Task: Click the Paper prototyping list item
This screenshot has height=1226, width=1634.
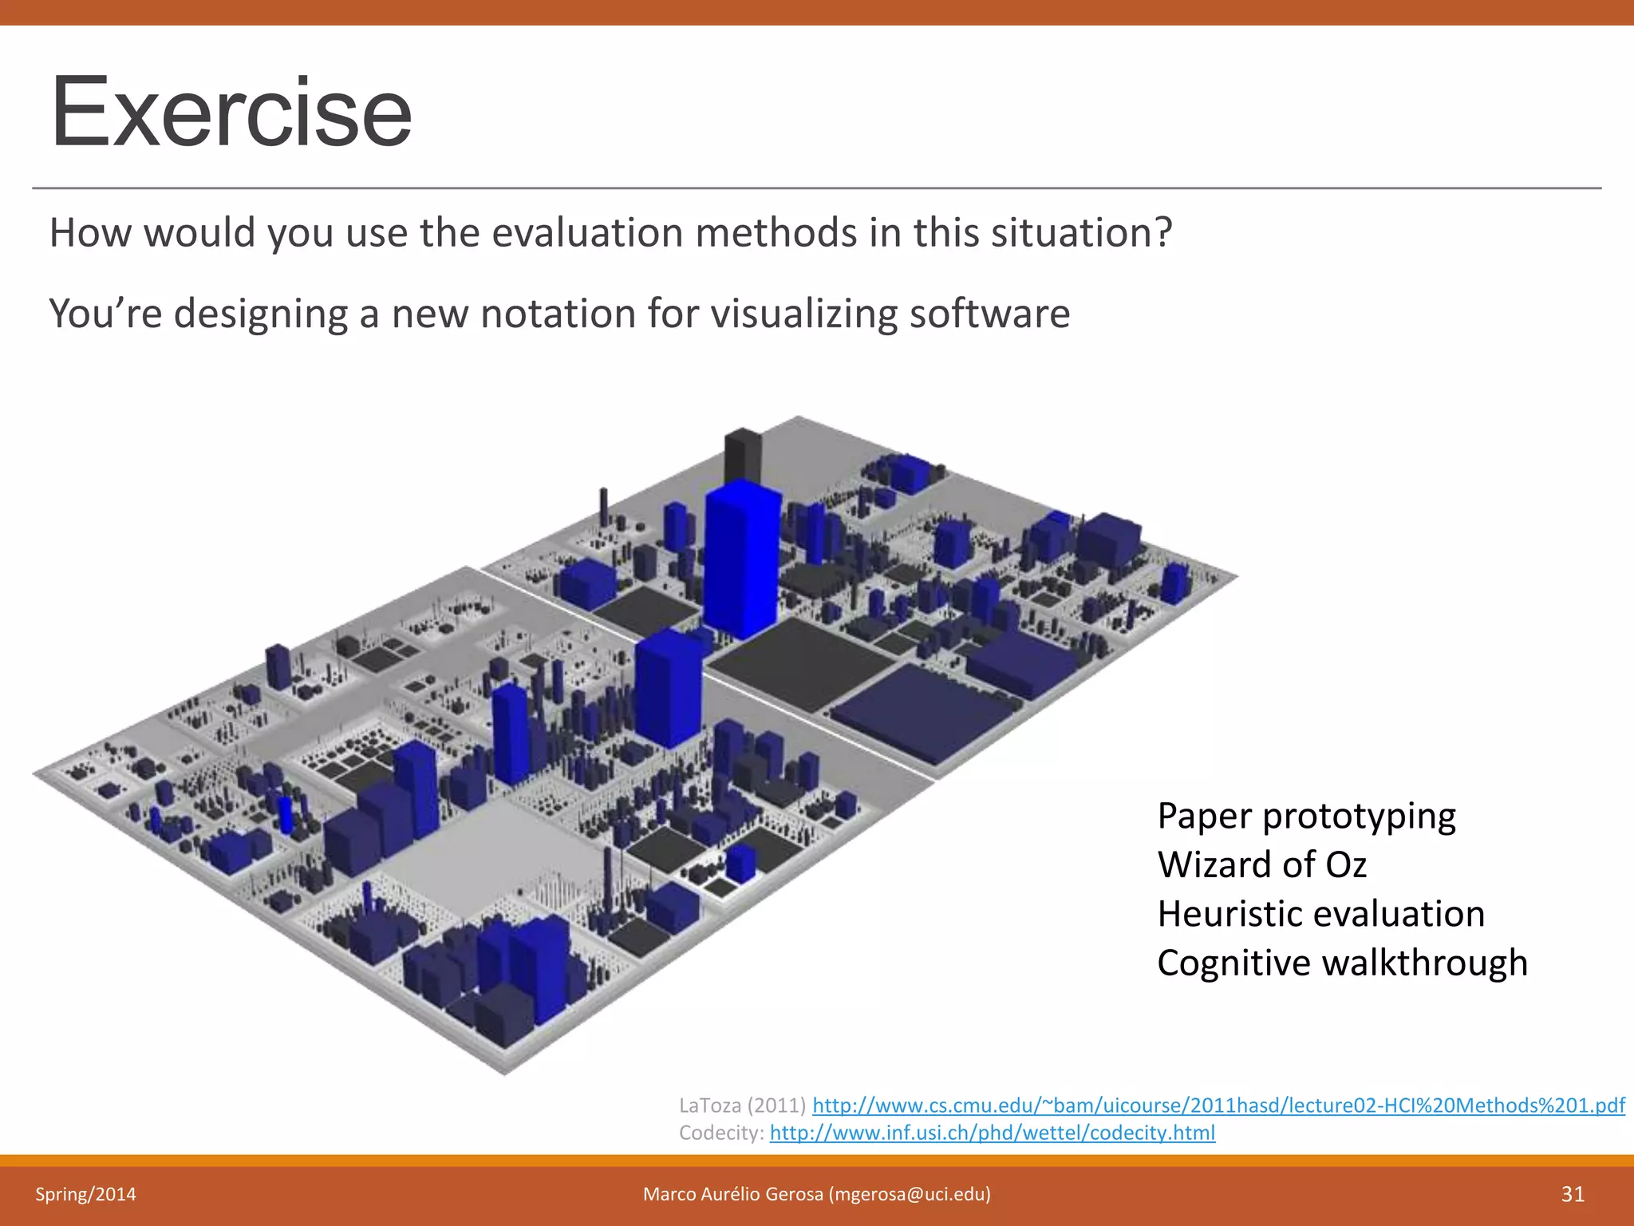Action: point(1306,816)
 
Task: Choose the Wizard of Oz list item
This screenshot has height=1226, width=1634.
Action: point(1261,864)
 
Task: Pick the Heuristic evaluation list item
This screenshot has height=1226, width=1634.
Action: point(1320,913)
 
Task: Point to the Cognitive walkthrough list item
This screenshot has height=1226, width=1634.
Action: point(1342,963)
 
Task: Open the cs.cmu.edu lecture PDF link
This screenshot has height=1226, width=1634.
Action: point(1218,1105)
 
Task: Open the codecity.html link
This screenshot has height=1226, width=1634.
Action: point(992,1133)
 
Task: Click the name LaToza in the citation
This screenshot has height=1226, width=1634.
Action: point(709,1105)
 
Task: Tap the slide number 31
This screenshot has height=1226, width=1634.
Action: point(1572,1194)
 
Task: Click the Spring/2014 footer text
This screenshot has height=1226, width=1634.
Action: point(85,1194)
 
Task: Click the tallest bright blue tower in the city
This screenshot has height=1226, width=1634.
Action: point(742,559)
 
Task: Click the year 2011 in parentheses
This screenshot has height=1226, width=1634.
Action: point(776,1105)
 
